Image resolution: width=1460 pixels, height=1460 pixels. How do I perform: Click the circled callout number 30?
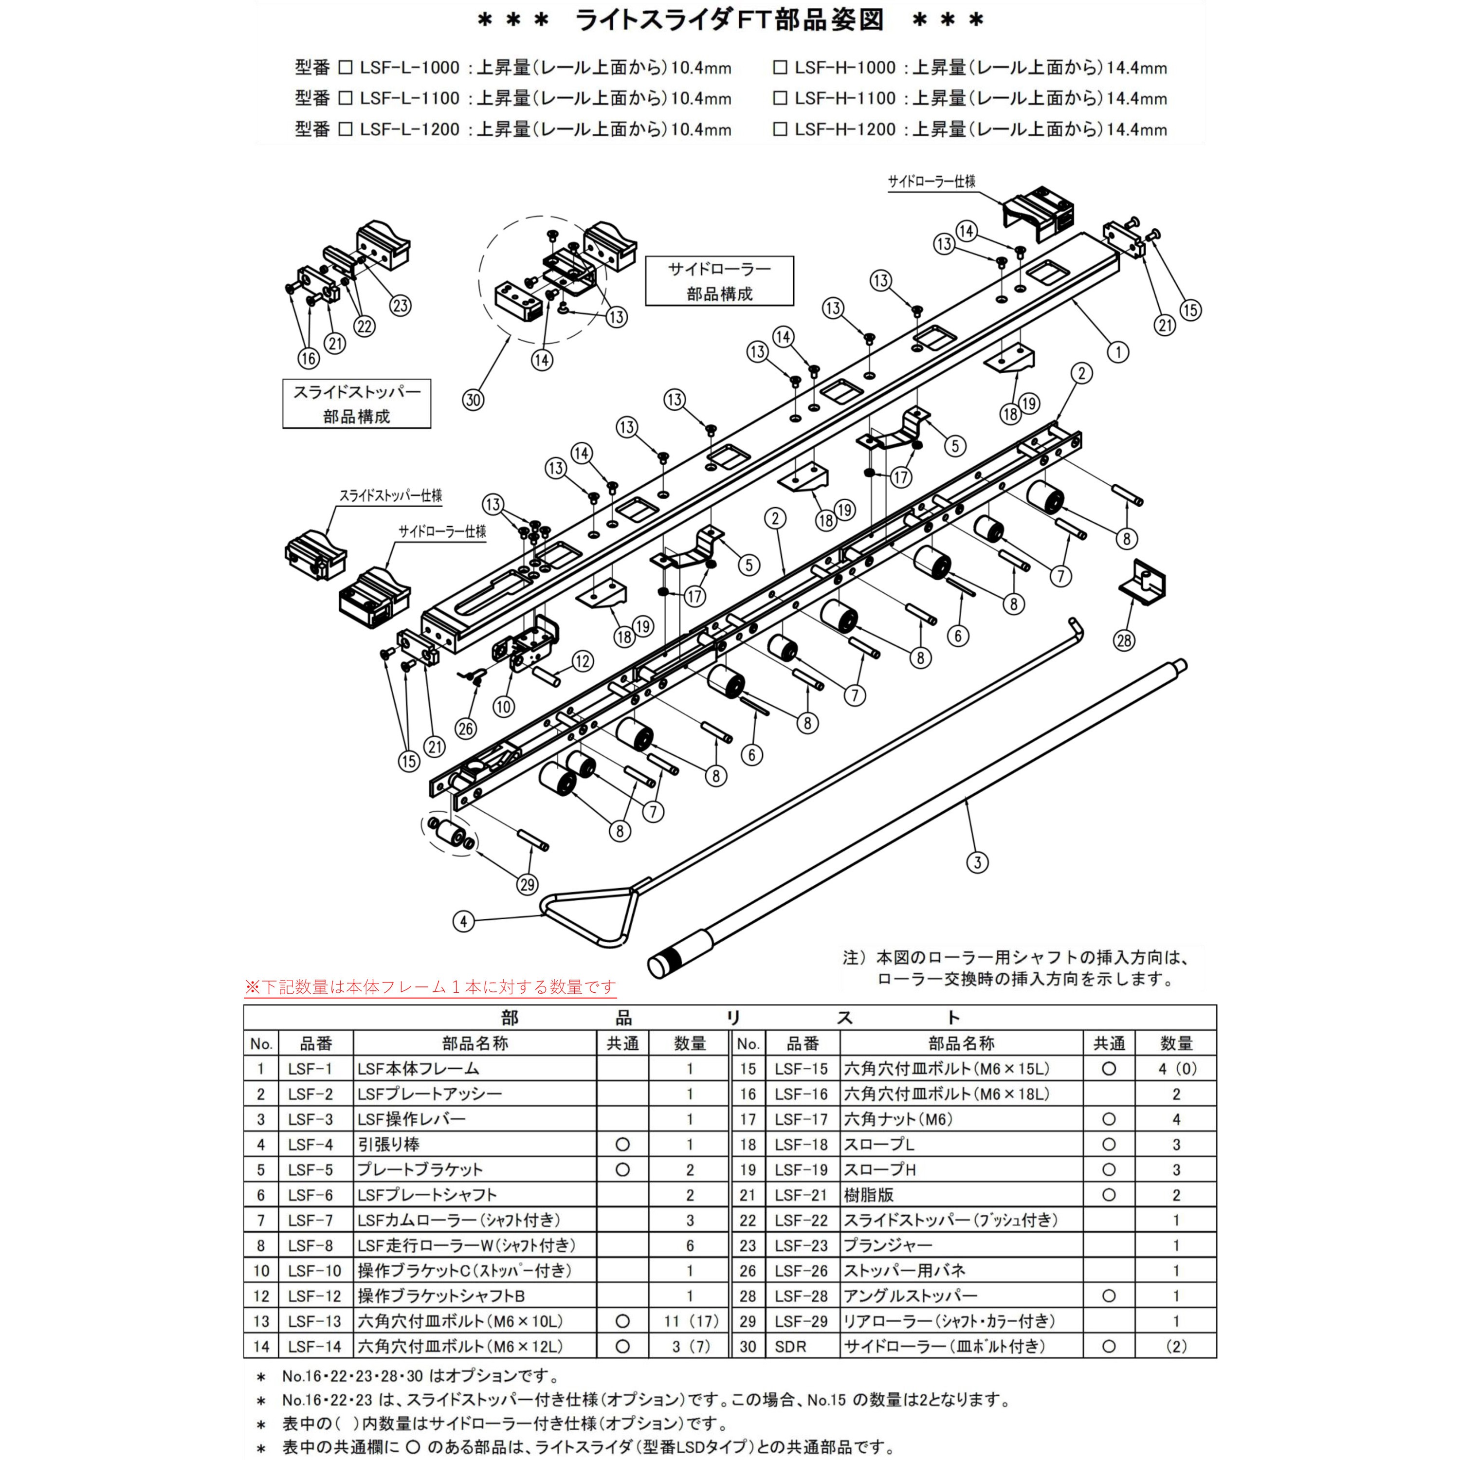pyautogui.click(x=473, y=400)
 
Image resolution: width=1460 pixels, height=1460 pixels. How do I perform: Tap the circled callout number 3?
pyautogui.click(x=977, y=862)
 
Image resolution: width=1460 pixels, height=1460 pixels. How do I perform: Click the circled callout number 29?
pyautogui.click(x=528, y=884)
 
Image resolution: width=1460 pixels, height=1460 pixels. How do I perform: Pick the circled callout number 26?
pyautogui.click(x=466, y=729)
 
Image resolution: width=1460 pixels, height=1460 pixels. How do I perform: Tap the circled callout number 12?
pyautogui.click(x=583, y=662)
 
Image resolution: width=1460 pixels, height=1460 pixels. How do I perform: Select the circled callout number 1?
pyautogui.click(x=1118, y=351)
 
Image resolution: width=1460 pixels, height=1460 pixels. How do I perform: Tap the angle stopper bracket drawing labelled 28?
pyautogui.click(x=1143, y=583)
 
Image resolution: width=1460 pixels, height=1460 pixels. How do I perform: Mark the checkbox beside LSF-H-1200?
pyautogui.click(x=780, y=130)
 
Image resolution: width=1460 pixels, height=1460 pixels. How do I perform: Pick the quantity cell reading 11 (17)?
pyautogui.click(x=690, y=1321)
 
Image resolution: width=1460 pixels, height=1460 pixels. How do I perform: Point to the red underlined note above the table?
pyautogui.click(x=430, y=987)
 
